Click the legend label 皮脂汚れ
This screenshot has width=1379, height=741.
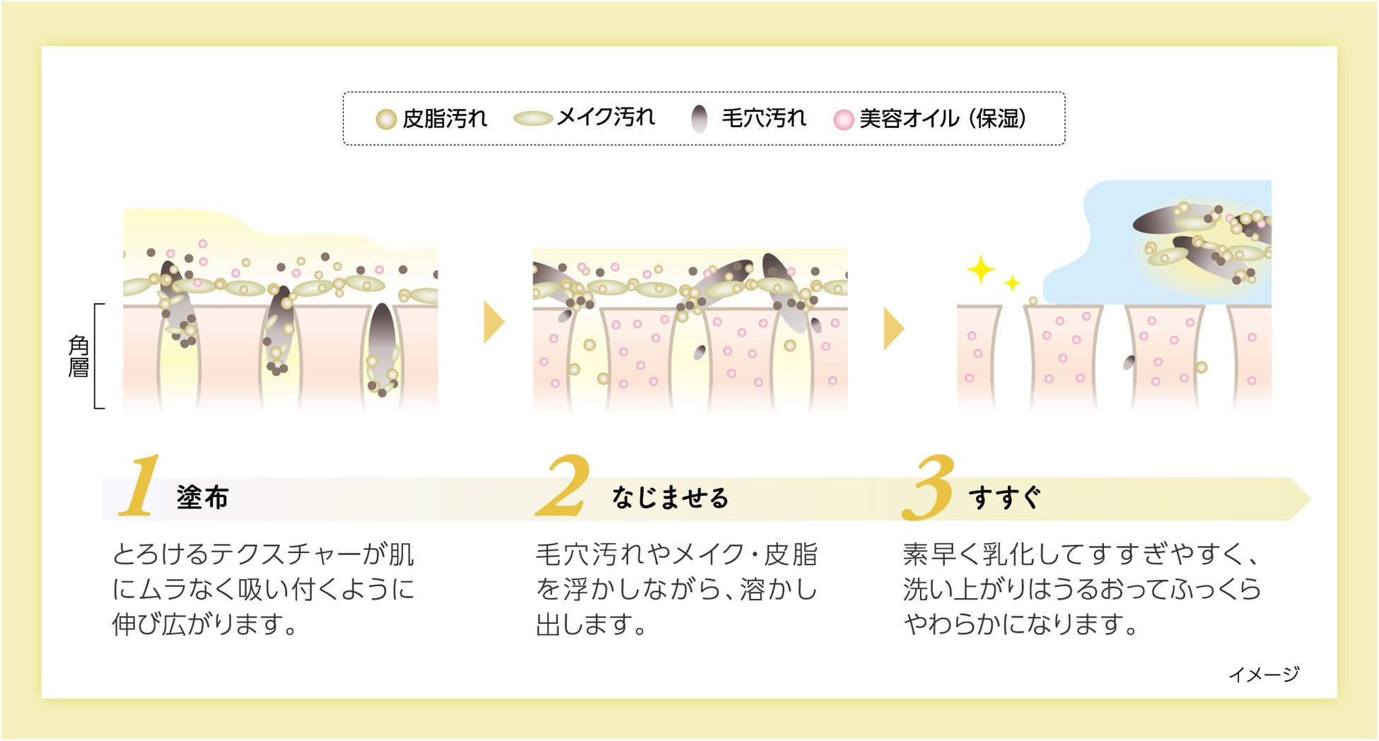pos(445,119)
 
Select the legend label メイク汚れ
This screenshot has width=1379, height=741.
pos(606,117)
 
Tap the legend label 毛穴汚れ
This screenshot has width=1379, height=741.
pos(764,117)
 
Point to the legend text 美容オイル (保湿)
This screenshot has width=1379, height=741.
pos(943,119)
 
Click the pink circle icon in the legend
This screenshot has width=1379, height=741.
pos(843,119)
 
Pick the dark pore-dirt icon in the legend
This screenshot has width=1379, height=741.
pos(699,119)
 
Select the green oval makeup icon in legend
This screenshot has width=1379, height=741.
pos(533,118)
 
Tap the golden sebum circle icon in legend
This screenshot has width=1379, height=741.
pos(385,119)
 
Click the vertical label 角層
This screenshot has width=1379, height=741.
pos(78,356)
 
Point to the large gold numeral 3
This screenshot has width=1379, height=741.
pos(929,488)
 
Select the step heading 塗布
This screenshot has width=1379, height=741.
pos(202,498)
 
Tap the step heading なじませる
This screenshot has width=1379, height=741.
pos(670,498)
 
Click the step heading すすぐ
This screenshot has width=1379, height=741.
pos(1004,498)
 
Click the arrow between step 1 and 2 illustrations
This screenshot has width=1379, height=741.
pos(494,322)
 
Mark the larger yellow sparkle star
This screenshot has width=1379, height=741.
pos(981,269)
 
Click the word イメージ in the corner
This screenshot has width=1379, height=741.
pos(1264,675)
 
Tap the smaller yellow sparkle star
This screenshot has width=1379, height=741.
pos(1013,283)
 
